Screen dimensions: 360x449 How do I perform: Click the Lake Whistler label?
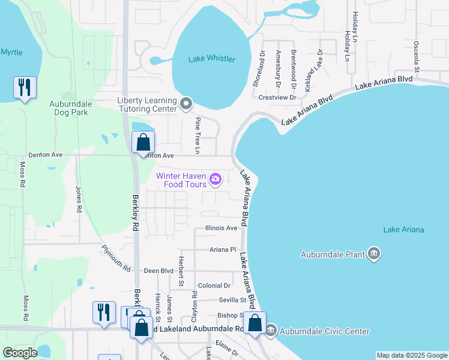tap(211, 59)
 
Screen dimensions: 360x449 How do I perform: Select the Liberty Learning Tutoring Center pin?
tap(185, 104)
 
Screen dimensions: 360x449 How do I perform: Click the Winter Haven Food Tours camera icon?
tap(215, 179)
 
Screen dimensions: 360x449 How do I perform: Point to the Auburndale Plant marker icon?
tap(374, 254)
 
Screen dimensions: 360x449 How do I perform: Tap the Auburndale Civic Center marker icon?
tap(270, 331)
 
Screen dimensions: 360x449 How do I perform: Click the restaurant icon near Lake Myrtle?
tap(25, 88)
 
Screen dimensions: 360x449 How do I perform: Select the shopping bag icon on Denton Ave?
tap(143, 143)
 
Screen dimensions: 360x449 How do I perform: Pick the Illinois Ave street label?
tap(221, 228)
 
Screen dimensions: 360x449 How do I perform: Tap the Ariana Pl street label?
tap(223, 250)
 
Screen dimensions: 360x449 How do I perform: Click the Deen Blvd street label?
tap(158, 271)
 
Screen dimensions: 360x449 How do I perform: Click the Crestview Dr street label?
tap(277, 97)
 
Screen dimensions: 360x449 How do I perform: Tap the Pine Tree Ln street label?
tap(197, 134)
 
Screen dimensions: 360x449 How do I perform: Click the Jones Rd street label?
tap(79, 199)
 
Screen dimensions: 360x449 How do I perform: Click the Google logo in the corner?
tap(20, 353)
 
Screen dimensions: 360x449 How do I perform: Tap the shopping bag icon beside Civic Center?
tap(255, 323)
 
